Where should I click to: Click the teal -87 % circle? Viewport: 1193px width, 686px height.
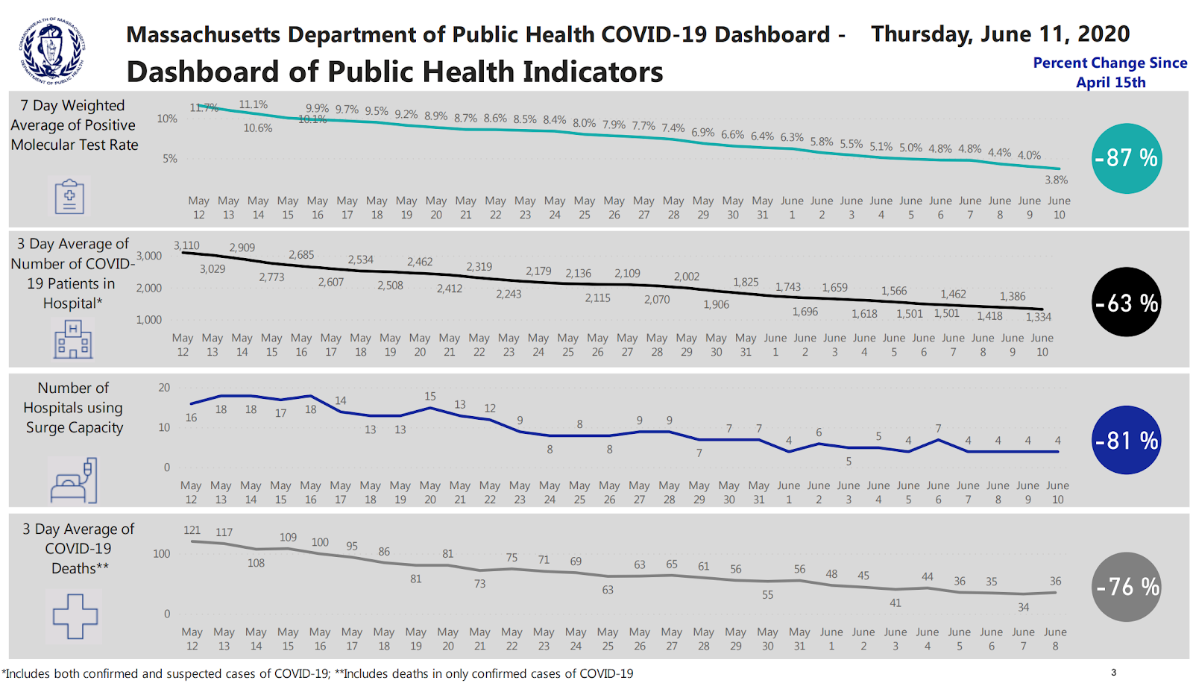tap(1126, 158)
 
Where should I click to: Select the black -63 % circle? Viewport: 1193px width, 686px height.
tap(1126, 302)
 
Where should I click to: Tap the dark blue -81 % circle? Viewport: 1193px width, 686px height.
tap(1126, 440)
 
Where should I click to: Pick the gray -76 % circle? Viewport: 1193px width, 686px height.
tap(1127, 587)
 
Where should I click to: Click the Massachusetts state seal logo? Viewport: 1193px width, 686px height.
tap(51, 51)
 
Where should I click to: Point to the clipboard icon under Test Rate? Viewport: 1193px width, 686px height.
tap(69, 197)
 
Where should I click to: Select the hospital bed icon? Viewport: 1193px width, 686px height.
tap(73, 481)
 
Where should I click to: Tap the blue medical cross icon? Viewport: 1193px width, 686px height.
tap(75, 616)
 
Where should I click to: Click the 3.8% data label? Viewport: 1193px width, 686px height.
tap(1056, 180)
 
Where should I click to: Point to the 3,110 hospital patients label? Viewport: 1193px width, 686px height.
tap(186, 245)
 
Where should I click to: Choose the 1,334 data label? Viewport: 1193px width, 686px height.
tap(1038, 317)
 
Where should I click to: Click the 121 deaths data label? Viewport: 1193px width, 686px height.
tap(192, 530)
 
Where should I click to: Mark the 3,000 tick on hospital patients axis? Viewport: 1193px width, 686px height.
tap(149, 256)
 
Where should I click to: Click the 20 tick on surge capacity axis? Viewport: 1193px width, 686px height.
tap(164, 388)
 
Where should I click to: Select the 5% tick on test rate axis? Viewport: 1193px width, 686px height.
tap(170, 159)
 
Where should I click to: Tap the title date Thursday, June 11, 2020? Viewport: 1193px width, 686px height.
tap(1000, 34)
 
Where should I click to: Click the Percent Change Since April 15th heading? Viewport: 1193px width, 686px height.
tap(1109, 72)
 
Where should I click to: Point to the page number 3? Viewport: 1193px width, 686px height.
tap(1113, 673)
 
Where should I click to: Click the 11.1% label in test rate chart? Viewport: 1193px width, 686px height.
tap(253, 105)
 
